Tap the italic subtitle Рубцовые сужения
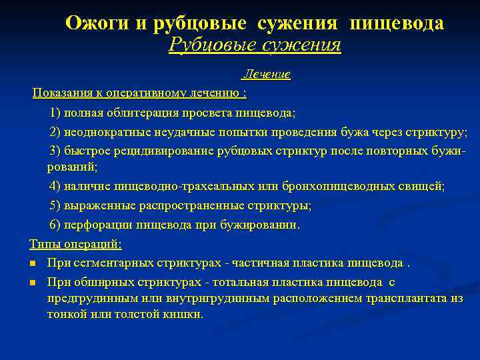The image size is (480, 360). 255,45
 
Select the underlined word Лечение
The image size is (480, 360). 266,75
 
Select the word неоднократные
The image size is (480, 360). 107,131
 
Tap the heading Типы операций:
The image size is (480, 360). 75,243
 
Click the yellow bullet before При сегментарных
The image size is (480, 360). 33,263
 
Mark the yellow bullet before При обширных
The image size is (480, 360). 33,283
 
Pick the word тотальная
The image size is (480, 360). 260,282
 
